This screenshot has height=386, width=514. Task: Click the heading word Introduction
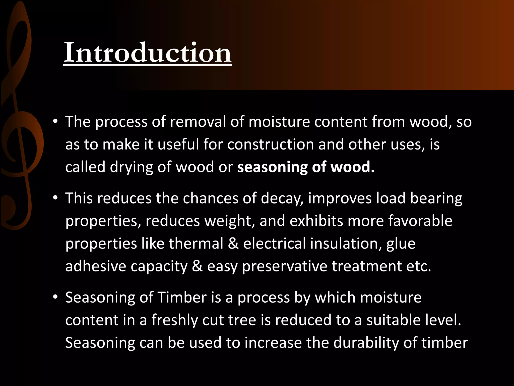pos(147,53)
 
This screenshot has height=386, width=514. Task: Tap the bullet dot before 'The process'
pos(55,122)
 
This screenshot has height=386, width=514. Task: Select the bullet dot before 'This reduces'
pos(55,199)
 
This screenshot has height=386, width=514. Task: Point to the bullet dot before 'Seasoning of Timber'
pos(55,298)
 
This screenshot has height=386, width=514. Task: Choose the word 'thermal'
pos(196,244)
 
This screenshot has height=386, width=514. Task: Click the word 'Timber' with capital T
pos(182,298)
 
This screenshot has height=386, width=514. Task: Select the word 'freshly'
pos(174,320)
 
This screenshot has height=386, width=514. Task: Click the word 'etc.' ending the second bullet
pos(419,266)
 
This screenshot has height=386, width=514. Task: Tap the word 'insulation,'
pos(346,244)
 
